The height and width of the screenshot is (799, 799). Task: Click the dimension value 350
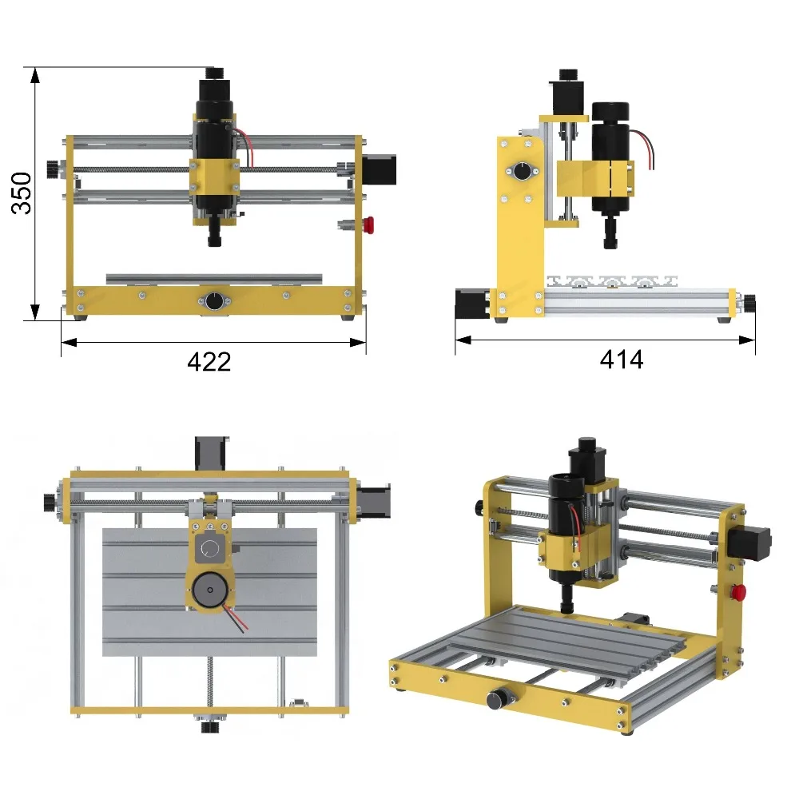pos(22,193)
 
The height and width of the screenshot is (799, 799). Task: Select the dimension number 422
pos(209,362)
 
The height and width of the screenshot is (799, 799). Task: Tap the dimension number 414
pos(621,360)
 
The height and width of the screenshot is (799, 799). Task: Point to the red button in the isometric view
pos(738,591)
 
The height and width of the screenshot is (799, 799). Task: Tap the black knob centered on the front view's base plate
pos(214,301)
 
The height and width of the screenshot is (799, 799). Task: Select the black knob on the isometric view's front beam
pos(496,700)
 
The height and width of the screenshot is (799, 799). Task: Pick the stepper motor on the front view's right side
pos(380,169)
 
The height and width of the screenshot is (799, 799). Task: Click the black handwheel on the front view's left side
pos(53,169)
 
